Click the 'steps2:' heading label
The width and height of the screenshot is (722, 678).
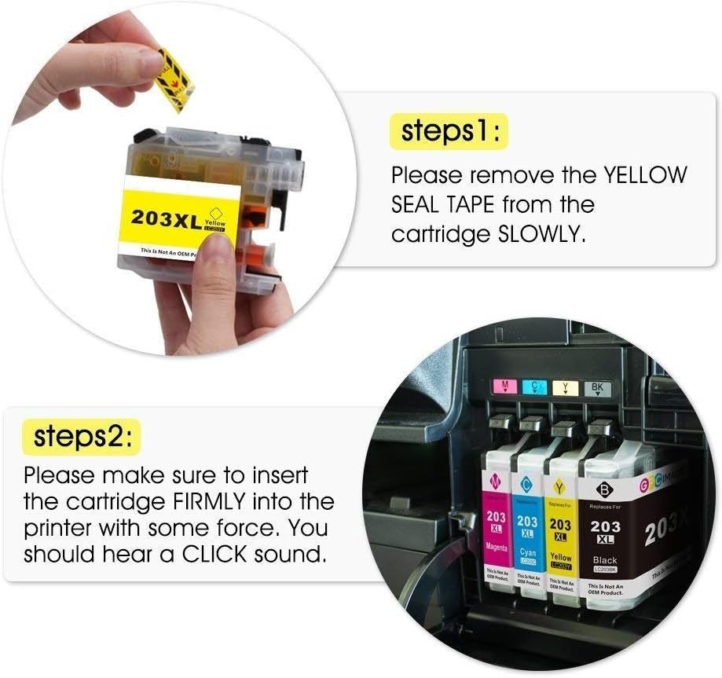coord(82,437)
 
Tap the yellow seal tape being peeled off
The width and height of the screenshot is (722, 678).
coord(174,79)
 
